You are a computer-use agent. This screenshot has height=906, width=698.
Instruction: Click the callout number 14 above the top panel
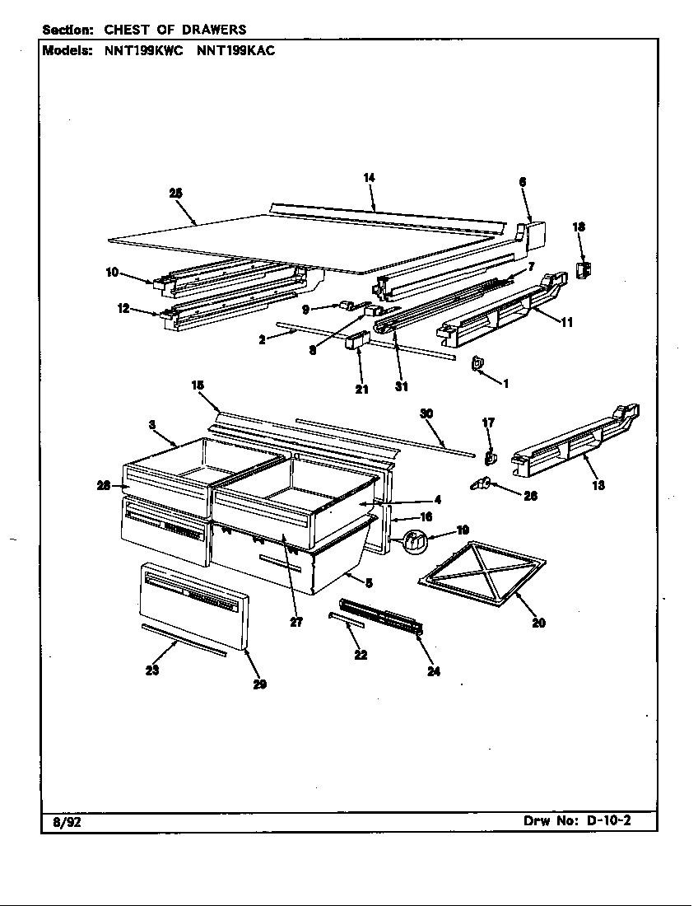[369, 177]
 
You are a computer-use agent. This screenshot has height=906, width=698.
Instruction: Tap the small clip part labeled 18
[585, 269]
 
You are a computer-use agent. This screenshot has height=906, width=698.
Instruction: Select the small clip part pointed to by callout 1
[477, 363]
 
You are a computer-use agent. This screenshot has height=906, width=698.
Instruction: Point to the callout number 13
[598, 485]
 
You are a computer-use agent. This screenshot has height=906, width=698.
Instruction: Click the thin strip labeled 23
[184, 639]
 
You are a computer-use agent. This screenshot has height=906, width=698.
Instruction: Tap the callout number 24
[434, 671]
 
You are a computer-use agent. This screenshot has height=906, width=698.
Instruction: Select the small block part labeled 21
[358, 342]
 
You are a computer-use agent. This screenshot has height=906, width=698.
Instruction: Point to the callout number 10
[112, 273]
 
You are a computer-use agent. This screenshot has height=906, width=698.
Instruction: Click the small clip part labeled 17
[491, 455]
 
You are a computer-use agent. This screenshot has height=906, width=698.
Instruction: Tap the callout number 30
[426, 413]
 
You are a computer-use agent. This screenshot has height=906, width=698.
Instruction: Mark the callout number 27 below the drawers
[296, 623]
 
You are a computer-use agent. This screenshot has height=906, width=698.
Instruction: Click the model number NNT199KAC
[235, 50]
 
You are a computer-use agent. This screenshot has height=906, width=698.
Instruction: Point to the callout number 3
[152, 424]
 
